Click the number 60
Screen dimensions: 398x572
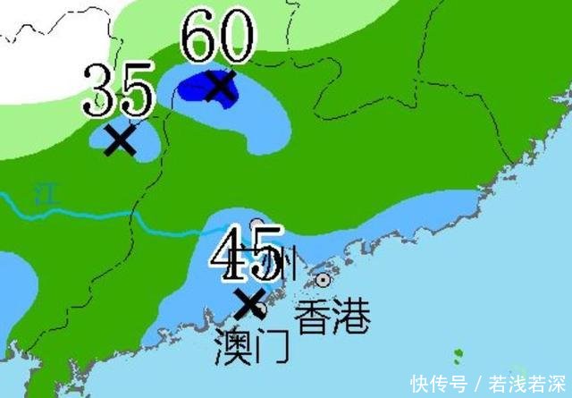point(218,38)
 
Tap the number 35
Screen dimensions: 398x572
point(122,89)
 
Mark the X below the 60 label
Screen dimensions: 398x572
point(219,86)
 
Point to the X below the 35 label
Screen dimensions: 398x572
point(121,140)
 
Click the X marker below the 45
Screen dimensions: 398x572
point(248,304)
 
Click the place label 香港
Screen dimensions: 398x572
point(332,316)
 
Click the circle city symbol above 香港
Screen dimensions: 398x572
point(323,280)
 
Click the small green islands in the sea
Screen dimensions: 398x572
point(458,358)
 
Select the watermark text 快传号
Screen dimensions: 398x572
point(438,383)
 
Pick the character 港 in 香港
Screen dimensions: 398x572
point(350,316)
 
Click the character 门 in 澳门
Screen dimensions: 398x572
point(272,346)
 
